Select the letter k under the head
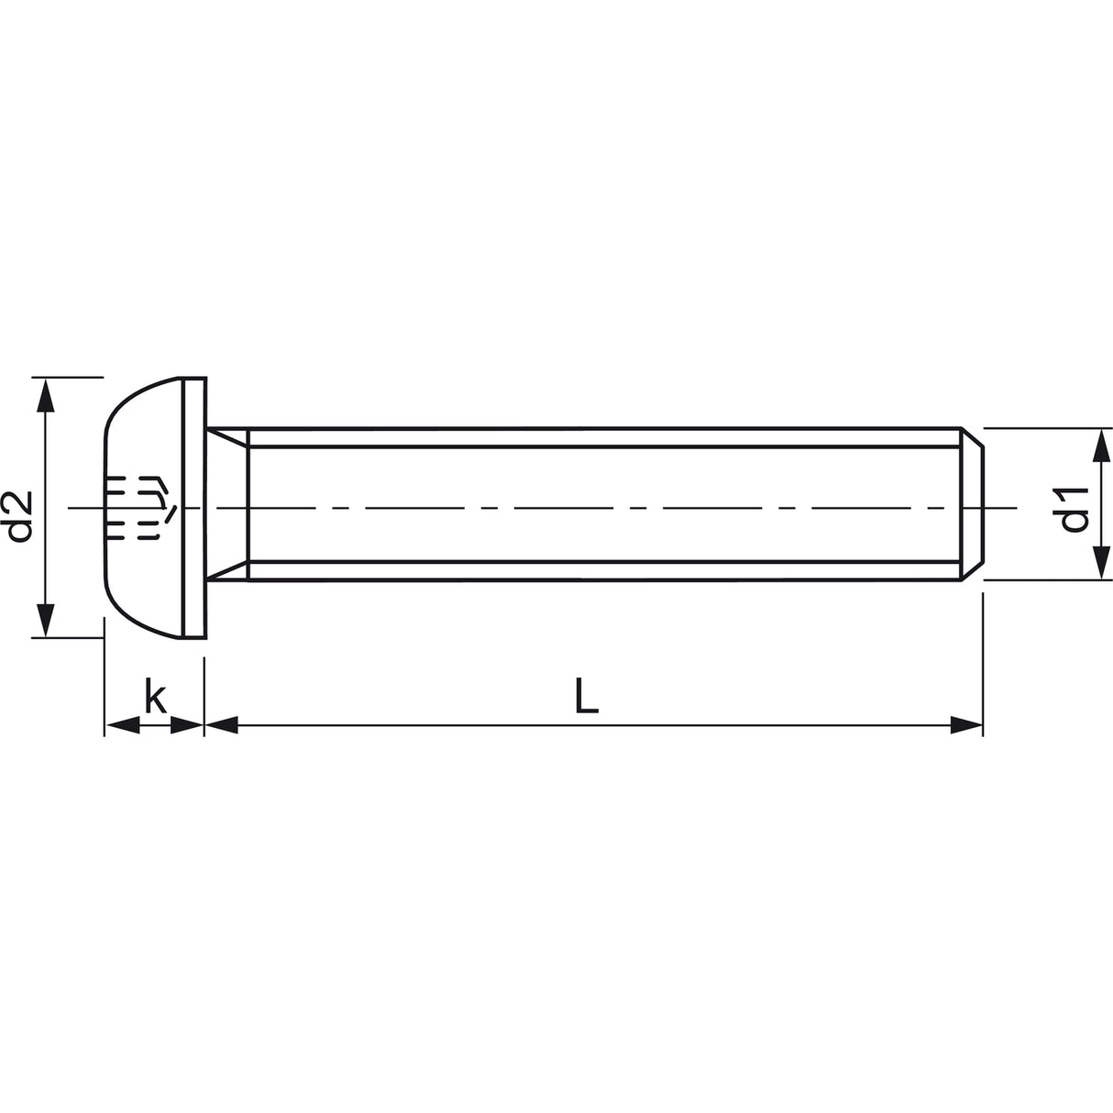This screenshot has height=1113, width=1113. click(155, 699)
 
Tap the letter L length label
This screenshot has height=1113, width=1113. click(587, 696)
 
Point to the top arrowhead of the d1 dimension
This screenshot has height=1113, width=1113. click(1098, 446)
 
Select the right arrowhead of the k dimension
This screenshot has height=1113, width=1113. click(187, 726)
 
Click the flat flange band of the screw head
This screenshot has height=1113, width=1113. click(193, 507)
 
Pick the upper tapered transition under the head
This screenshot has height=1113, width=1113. click(227, 438)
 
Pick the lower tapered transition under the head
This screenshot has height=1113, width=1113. click(227, 572)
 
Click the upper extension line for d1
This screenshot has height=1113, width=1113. click(1045, 428)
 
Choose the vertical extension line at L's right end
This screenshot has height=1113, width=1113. click(983, 660)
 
